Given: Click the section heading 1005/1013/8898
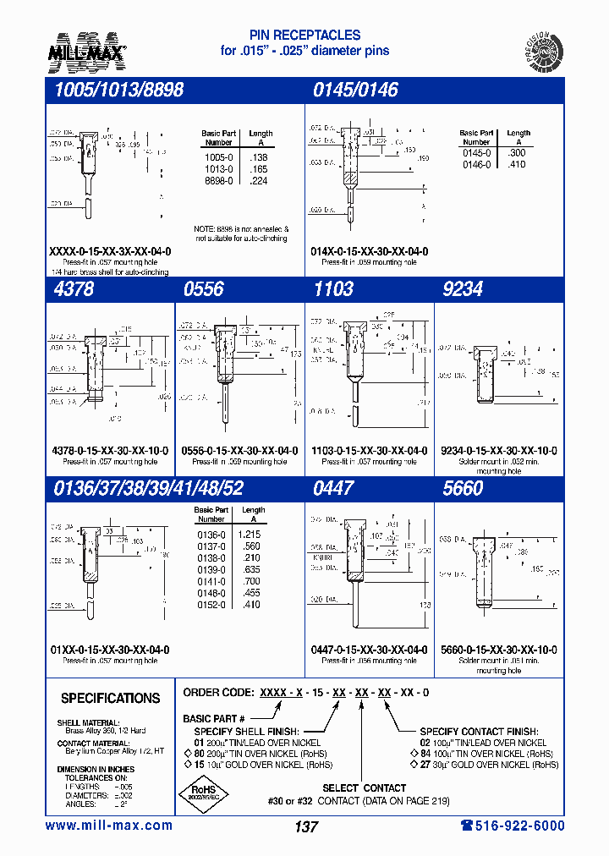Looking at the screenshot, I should click(x=113, y=91).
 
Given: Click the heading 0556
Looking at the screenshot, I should click(x=203, y=289).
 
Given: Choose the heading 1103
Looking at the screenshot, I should click(x=332, y=289).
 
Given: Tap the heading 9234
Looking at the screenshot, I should click(x=462, y=289).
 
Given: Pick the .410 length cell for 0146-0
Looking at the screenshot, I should click(x=517, y=164).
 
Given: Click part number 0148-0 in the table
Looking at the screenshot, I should click(x=211, y=593).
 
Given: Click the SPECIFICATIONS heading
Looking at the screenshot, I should click(x=110, y=699).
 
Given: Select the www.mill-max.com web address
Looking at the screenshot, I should click(x=109, y=826).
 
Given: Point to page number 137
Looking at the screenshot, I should click(x=305, y=828).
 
